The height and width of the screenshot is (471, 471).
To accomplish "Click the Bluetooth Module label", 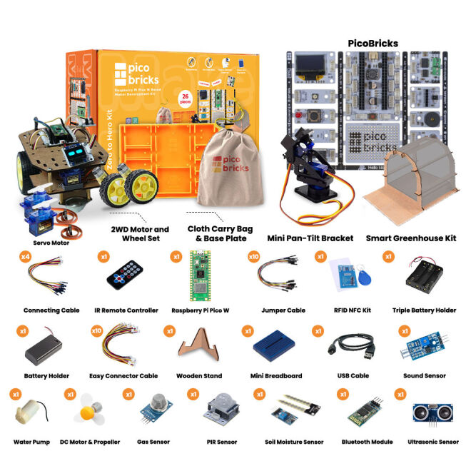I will point(367,442).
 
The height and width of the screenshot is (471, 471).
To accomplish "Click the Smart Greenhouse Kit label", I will point(410,238).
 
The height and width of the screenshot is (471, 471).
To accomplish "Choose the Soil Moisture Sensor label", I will point(288,442).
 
